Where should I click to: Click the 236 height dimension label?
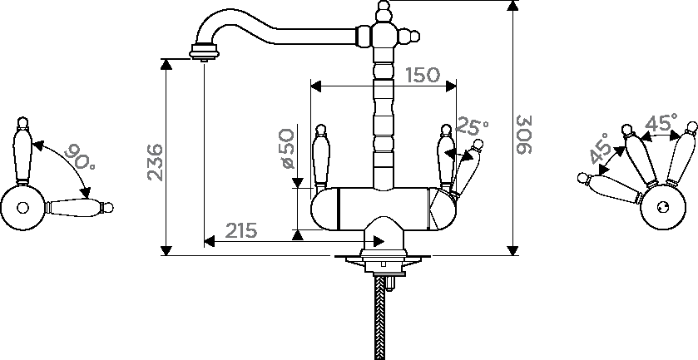[155, 162]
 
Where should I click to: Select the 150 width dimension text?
[423, 75]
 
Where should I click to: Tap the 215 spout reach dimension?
[240, 230]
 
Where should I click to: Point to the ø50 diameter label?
[288, 149]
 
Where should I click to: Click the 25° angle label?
[472, 127]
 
